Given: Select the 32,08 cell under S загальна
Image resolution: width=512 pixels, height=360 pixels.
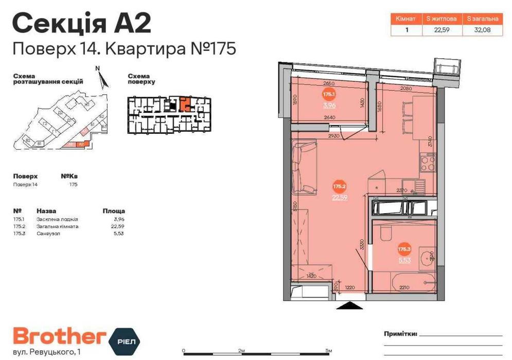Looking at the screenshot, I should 482,29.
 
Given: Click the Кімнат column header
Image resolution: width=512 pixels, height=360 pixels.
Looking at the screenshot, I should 407,19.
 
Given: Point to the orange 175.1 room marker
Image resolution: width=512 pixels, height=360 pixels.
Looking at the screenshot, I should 329,95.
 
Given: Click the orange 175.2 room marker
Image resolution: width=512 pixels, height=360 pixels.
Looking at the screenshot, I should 339,186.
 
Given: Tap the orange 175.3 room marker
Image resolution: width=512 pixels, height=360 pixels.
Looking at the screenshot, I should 404,249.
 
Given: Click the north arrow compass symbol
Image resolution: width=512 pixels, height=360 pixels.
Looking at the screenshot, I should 102,78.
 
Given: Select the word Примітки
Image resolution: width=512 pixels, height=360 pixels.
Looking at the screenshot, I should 400,333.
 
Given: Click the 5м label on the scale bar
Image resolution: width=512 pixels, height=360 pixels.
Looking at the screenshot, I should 328,350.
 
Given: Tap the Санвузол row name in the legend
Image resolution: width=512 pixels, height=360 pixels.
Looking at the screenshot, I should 48,233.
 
